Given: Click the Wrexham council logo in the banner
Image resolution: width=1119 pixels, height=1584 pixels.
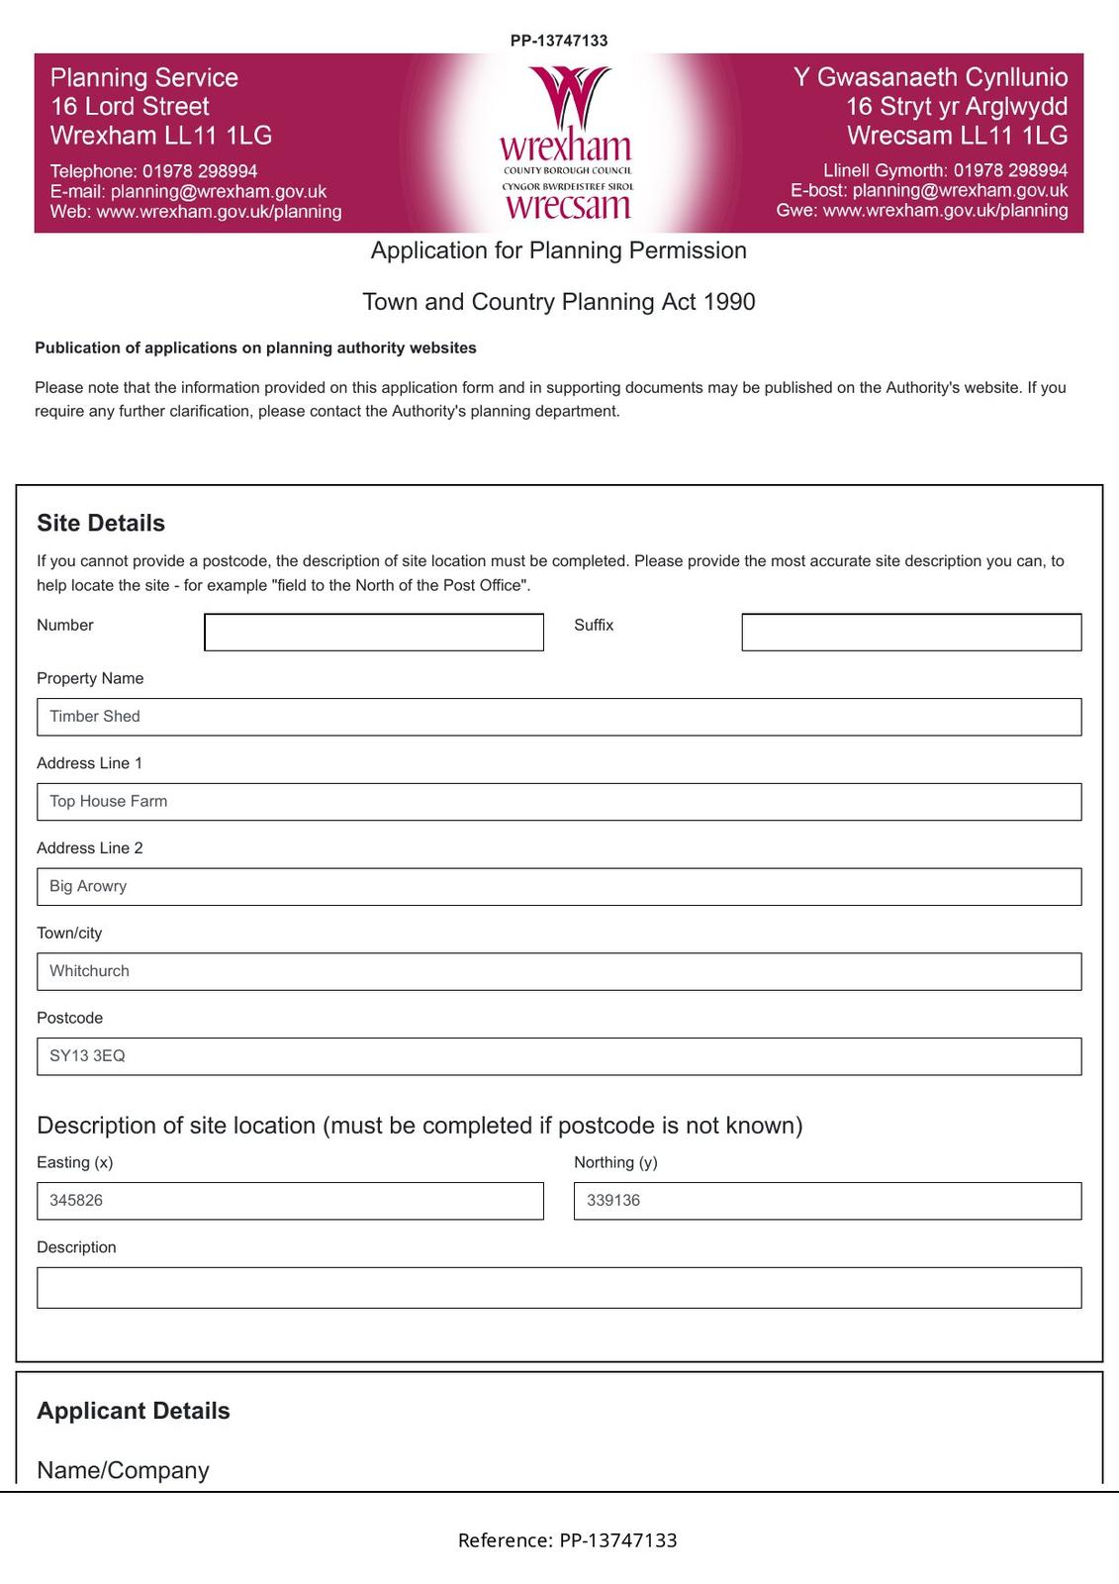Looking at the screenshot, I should (566, 144).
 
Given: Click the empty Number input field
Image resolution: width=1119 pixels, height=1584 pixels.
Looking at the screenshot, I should (374, 633).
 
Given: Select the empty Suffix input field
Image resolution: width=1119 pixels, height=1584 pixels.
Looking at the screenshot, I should (911, 633).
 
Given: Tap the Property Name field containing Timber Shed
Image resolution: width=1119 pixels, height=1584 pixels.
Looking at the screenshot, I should (559, 717).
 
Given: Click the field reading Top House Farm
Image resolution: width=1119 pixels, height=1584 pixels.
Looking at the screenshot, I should (559, 802).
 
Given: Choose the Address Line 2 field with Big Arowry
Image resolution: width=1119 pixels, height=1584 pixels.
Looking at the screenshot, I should (559, 887).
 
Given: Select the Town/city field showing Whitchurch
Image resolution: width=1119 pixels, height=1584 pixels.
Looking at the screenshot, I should (559, 971).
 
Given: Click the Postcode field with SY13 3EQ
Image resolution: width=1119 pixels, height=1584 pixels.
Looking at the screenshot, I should (559, 1056).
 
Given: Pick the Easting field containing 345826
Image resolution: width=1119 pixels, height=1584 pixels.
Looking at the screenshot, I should (290, 1201).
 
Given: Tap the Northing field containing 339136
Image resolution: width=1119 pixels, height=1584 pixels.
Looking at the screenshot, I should (827, 1201).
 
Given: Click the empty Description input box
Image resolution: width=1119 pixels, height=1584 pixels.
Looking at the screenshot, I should (559, 1288).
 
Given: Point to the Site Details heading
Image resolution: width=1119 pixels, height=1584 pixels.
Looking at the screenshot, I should (101, 523).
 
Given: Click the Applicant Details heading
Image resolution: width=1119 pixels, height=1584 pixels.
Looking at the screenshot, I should (134, 1411).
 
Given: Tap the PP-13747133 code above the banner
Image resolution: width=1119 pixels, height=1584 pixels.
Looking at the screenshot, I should (559, 41).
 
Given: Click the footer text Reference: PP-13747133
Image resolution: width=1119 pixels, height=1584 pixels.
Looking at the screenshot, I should (567, 1540).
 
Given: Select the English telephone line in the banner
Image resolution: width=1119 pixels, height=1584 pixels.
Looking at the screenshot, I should (153, 171).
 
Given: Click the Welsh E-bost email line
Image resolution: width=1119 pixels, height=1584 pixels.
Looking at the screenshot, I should (928, 190).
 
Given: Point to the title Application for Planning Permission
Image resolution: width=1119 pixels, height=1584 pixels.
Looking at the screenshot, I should (559, 250).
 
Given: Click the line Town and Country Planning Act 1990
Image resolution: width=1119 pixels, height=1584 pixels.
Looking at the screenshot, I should (559, 302).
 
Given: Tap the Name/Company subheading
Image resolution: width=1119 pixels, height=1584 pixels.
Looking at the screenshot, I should (123, 1470).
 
